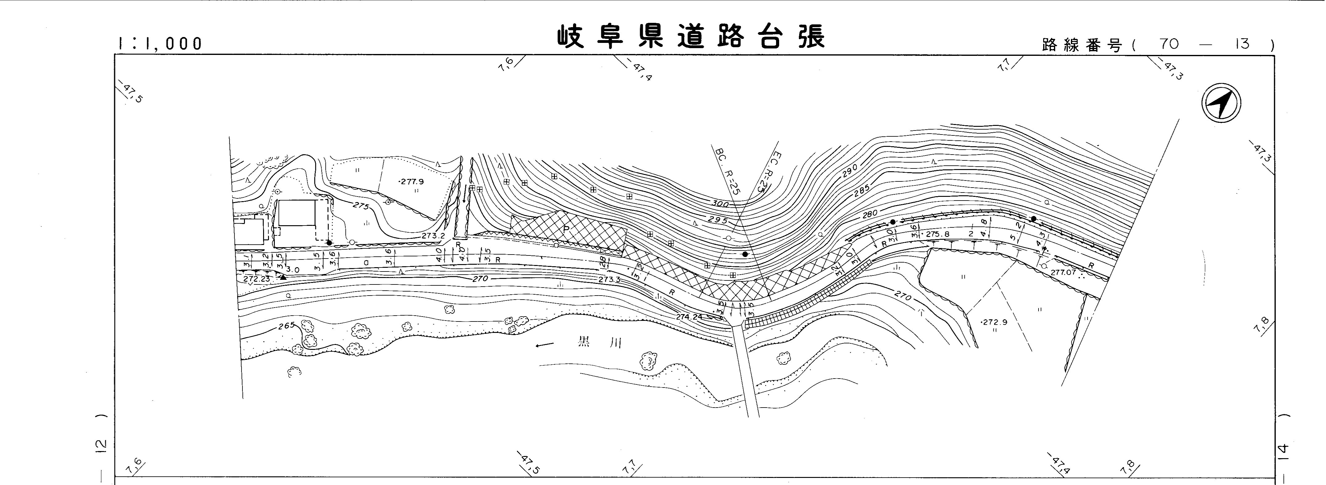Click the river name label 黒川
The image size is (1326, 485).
[599, 342]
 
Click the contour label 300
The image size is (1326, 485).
[720, 204]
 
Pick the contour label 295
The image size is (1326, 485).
[717, 220]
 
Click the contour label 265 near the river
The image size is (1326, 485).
[286, 325]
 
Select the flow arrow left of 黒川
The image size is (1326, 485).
[544, 345]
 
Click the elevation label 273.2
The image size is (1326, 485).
[433, 236]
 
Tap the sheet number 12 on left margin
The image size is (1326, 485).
[101, 446]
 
